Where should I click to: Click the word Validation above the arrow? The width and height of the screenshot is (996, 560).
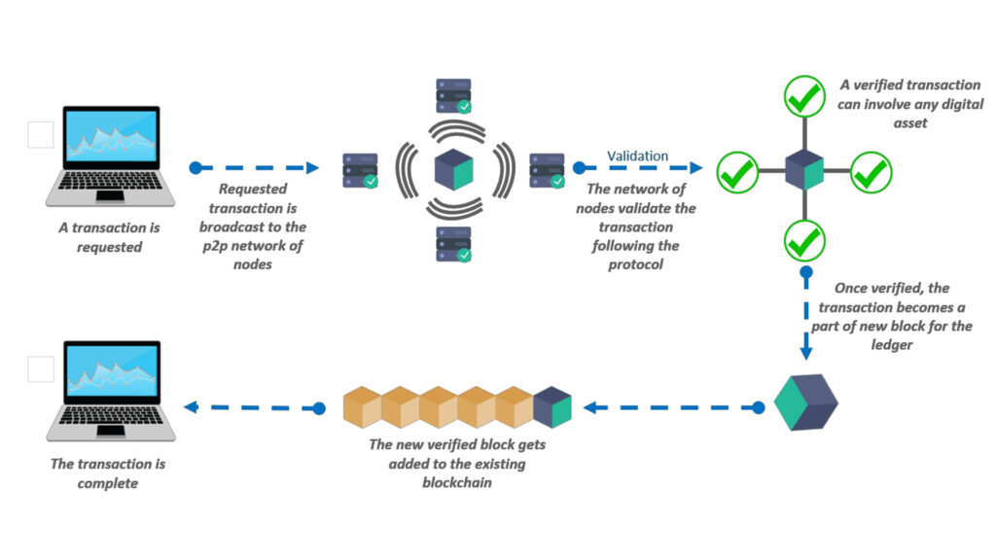pyautogui.click(x=637, y=156)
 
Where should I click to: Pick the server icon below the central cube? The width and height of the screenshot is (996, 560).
pyautogui.click(x=453, y=244)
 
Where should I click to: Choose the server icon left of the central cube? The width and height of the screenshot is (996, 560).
pyautogui.click(x=360, y=170)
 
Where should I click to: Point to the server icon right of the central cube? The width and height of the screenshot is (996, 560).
pyautogui.click(x=547, y=170)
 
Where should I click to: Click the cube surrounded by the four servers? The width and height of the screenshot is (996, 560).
pyautogui.click(x=453, y=169)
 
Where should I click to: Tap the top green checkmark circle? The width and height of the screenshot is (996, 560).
pyautogui.click(x=804, y=95)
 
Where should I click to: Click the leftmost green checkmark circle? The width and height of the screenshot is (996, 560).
pyautogui.click(x=737, y=173)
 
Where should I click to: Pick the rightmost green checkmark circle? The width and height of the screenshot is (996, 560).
pyautogui.click(x=871, y=173)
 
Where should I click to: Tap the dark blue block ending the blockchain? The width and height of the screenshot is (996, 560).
pyautogui.click(x=551, y=407)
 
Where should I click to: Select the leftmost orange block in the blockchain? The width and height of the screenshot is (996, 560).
pyautogui.click(x=363, y=407)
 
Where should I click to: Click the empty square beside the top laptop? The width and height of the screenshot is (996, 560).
pyautogui.click(x=41, y=135)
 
